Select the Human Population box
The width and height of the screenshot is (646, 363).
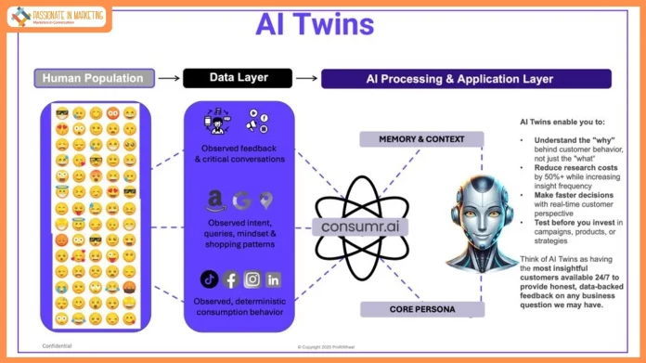coord(95,78)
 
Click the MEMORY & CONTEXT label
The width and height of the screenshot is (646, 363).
coord(420,139)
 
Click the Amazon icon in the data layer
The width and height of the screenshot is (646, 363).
coord(215,199)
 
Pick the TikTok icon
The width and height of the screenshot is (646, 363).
coord(209,279)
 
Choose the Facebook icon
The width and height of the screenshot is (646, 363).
coord(230,279)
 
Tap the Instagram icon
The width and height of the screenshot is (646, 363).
coord(252,279)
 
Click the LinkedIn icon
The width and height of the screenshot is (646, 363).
coord(273,279)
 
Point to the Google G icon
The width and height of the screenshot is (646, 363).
coord(241,200)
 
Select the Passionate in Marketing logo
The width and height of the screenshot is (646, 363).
coord(58,16)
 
